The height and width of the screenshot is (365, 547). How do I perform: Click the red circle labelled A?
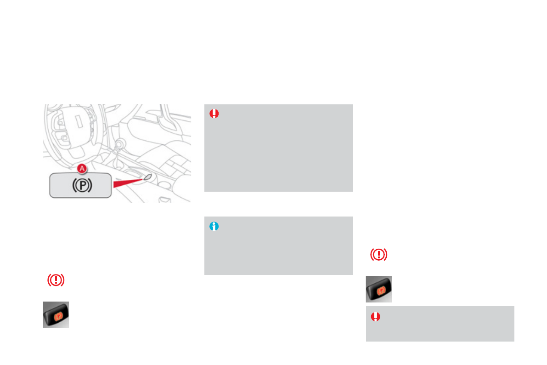point(82,169)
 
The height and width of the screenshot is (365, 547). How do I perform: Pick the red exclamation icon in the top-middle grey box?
point(214,114)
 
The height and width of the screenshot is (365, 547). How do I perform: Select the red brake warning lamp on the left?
point(56,280)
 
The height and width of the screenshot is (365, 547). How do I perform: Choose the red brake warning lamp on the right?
point(379,255)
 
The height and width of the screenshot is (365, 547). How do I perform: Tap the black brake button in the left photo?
point(56,315)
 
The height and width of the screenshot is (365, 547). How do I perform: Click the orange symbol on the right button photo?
point(380,290)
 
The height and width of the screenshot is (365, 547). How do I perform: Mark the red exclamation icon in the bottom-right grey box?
point(376,316)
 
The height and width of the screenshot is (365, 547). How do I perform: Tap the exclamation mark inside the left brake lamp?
point(56,280)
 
